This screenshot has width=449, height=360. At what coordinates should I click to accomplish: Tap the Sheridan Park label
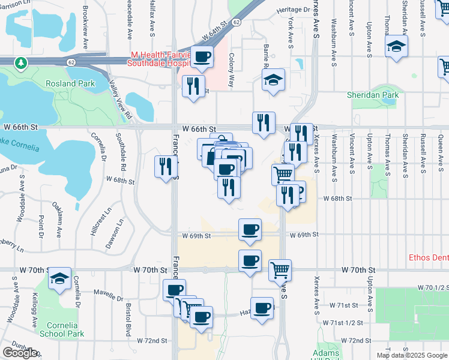coord(373,95)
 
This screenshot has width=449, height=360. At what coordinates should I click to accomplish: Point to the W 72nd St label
coord(151,340)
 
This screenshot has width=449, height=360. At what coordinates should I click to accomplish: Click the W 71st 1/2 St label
coord(342,323)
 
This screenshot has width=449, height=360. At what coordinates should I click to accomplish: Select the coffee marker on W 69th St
coord(250,229)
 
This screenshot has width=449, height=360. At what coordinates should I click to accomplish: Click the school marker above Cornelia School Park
coord(60,278)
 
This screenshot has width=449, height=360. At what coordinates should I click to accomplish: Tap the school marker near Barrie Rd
coord(273,80)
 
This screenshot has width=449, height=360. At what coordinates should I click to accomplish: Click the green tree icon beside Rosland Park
coord(21,62)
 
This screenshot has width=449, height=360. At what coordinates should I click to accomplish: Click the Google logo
coord(20,353)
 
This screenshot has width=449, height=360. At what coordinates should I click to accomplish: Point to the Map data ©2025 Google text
coord(411,355)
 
